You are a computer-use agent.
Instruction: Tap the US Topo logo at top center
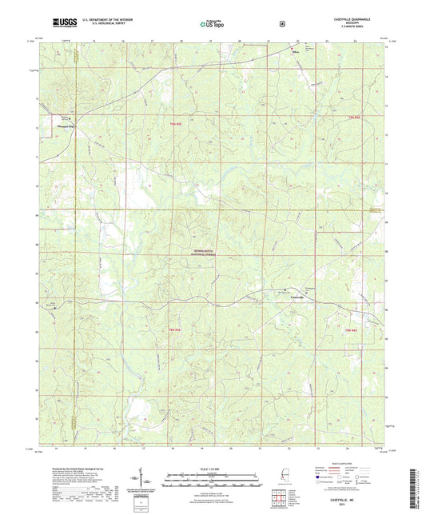(x=212, y=24)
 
